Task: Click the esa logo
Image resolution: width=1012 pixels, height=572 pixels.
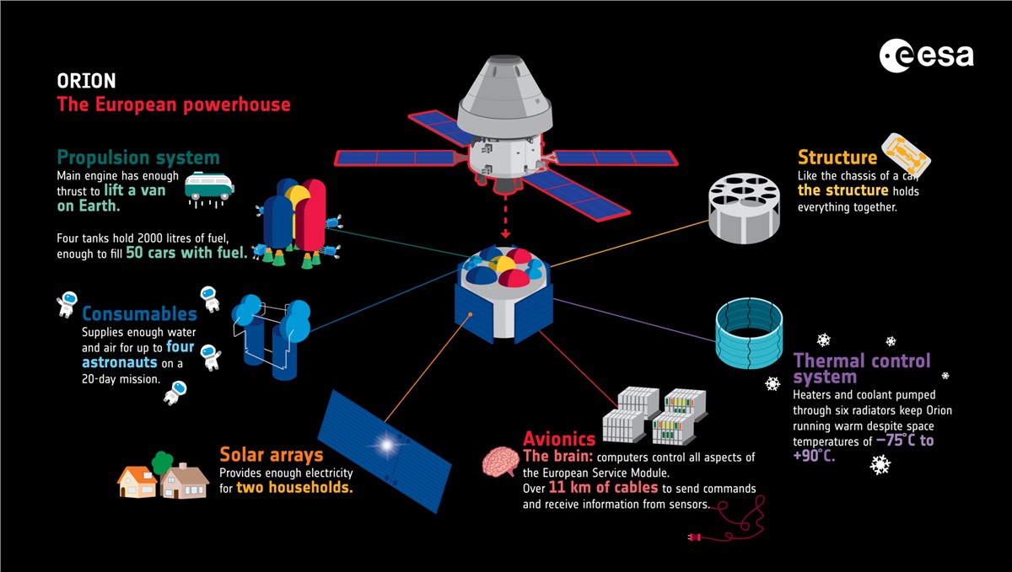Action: (926, 56)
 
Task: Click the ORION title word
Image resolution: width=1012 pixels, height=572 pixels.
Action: (86, 81)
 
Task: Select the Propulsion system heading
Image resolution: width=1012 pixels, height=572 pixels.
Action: (138, 158)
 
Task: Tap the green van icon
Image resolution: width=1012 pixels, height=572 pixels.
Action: (209, 186)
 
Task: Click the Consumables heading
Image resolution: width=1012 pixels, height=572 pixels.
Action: (139, 313)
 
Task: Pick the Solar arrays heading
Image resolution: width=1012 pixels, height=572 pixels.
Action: (271, 455)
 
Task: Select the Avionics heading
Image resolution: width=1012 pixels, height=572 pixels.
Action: (559, 439)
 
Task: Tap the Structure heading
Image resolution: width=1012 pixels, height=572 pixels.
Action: (837, 158)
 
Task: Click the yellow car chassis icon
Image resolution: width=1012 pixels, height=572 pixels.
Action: (906, 154)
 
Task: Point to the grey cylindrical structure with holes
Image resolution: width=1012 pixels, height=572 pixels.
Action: (744, 208)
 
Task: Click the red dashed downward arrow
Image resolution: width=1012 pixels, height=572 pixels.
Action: (505, 216)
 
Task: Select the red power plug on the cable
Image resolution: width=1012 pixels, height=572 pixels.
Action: (694, 537)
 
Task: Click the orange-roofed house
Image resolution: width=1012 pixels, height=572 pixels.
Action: (137, 482)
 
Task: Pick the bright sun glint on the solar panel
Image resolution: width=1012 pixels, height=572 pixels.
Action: (386, 445)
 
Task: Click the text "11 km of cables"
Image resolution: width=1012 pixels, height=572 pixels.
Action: (603, 488)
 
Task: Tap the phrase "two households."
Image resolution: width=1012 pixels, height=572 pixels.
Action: (294, 488)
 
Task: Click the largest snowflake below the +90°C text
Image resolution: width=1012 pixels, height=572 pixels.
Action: (880, 465)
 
